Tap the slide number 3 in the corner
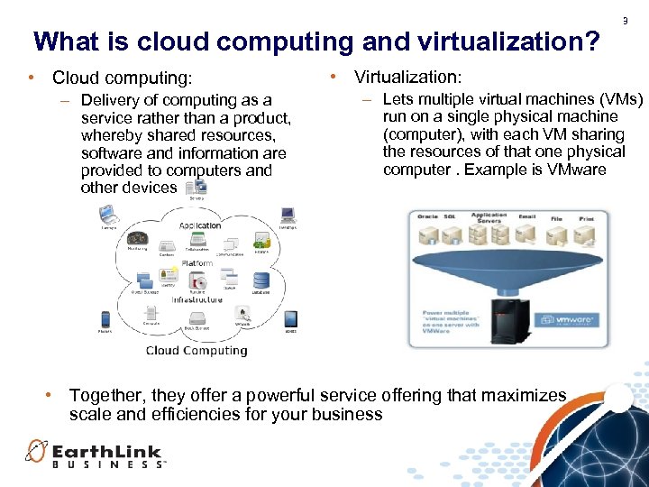click(x=624, y=21)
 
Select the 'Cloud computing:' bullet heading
click(x=122, y=78)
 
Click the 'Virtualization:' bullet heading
click(x=407, y=78)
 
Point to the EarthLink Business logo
click(x=95, y=453)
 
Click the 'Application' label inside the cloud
click(x=199, y=225)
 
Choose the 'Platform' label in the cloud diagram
click(x=197, y=263)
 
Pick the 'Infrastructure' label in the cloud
click(x=197, y=299)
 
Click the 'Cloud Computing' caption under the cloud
click(x=197, y=351)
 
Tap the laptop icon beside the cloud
click(x=108, y=215)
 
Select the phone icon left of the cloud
click(x=105, y=318)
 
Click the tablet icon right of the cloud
click(x=290, y=318)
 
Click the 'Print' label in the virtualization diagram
click(x=586, y=217)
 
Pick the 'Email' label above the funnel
click(x=526, y=216)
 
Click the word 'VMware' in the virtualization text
click(x=576, y=170)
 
